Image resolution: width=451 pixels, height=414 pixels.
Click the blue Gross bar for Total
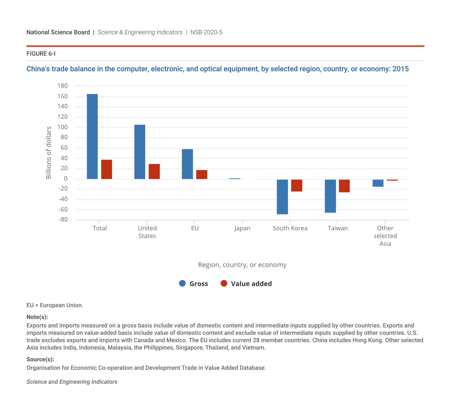pos(92,136)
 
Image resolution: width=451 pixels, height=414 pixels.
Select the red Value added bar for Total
pos(107,169)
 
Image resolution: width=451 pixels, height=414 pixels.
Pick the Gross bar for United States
pos(140,152)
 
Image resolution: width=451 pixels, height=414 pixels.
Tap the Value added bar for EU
pos(202,174)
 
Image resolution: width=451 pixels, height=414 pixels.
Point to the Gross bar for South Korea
pos(282,197)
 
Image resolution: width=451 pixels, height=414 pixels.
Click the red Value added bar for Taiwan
pos(344,186)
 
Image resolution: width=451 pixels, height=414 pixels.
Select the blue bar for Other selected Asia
pos(378,183)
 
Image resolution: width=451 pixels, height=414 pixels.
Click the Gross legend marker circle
pos(183,284)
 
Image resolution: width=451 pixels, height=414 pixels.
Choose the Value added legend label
pos(251,284)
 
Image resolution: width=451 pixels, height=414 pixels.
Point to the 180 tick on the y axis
pos(63,86)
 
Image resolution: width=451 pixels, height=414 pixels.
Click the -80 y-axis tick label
pos(63,220)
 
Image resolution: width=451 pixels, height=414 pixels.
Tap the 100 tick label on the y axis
pos(63,127)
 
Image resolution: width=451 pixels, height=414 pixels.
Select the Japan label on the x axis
pos(242,228)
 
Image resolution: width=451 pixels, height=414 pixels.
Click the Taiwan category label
pos(337,228)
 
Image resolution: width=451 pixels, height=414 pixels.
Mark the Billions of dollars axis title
pos(49,153)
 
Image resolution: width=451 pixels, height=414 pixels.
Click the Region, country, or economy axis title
pos(242,265)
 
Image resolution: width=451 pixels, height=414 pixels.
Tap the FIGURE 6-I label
pos(41,54)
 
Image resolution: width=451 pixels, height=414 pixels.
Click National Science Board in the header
pos(58,32)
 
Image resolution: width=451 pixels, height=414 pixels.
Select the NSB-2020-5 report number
pos(206,32)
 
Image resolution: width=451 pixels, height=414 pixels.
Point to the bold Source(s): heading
pos(40,359)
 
